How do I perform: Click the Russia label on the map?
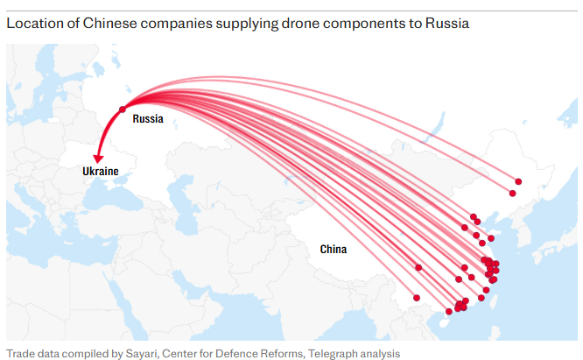(147, 119)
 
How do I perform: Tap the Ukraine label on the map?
(100, 171)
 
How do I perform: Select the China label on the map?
(333, 250)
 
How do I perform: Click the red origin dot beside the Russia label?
(122, 109)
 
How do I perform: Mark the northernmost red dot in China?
(518, 180)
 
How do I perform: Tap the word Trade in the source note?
(21, 353)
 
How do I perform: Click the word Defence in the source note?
(232, 353)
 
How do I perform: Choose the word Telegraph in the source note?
(335, 353)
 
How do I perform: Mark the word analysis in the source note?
(385, 353)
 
